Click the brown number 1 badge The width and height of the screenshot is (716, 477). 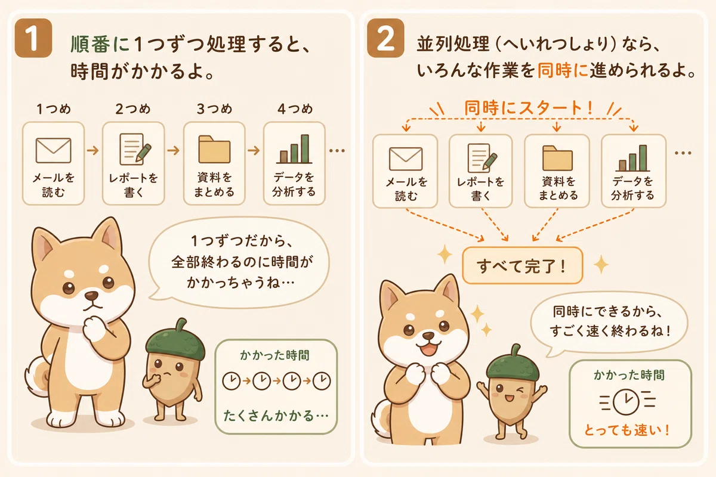(x=33, y=38)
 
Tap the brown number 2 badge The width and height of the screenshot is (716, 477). (x=385, y=38)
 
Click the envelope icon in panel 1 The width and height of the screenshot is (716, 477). (x=53, y=150)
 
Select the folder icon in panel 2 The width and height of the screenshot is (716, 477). (x=557, y=158)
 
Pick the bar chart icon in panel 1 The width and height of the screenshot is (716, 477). (x=294, y=149)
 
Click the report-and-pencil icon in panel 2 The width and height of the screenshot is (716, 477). (x=482, y=158)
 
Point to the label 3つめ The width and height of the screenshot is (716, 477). (x=214, y=109)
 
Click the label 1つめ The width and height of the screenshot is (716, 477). (x=54, y=109)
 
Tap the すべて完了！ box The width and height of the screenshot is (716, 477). (x=523, y=265)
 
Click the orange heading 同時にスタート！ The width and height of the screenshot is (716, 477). (x=529, y=108)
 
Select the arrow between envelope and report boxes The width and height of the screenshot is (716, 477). (x=93, y=150)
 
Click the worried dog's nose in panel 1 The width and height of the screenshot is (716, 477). (x=92, y=296)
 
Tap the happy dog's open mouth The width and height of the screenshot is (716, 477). (x=428, y=350)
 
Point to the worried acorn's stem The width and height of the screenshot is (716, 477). (x=181, y=325)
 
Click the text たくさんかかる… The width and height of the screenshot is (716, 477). (x=276, y=416)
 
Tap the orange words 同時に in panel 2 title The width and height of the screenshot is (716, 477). (x=563, y=70)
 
